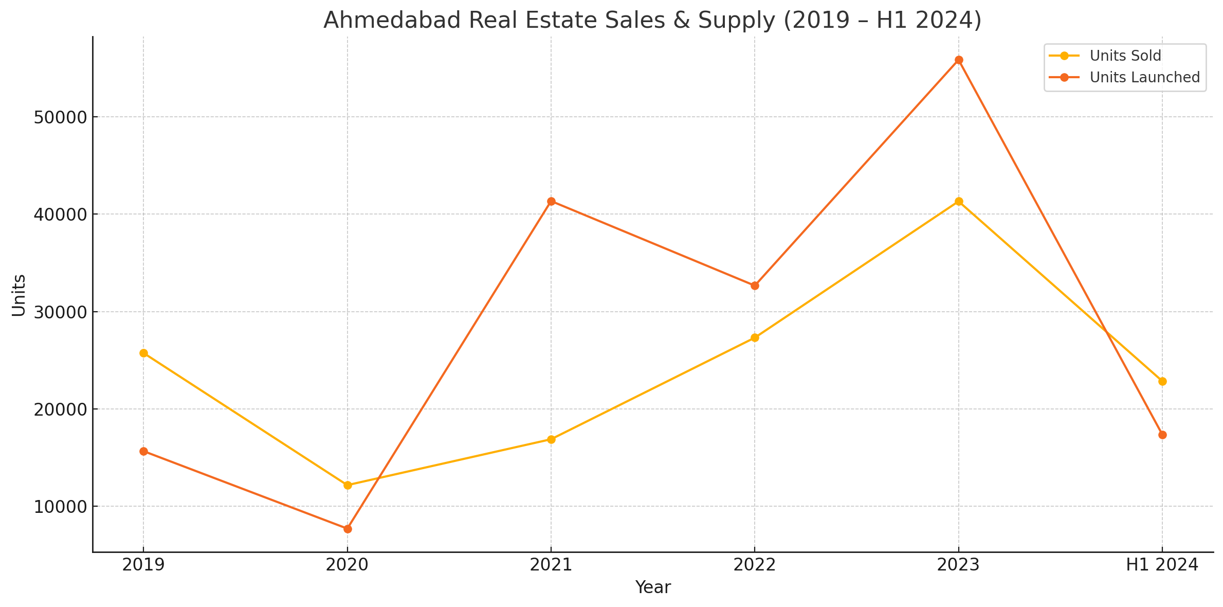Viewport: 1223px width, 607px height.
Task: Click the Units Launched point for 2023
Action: click(959, 60)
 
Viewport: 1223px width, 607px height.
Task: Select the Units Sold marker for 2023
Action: click(959, 202)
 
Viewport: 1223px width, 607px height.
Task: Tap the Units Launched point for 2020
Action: click(348, 529)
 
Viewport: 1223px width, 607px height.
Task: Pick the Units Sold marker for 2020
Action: click(348, 485)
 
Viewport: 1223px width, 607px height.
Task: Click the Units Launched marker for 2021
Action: click(551, 201)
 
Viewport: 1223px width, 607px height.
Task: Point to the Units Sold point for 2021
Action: click(551, 439)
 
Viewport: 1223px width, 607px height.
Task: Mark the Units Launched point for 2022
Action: click(755, 285)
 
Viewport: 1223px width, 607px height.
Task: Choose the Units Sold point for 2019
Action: click(143, 353)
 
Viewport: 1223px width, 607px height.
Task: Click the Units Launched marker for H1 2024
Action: click(1162, 435)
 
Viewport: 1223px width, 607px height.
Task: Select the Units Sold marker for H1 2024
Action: click(1162, 381)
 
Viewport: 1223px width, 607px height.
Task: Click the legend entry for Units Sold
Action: click(1125, 56)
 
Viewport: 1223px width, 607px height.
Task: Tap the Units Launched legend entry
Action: click(1144, 77)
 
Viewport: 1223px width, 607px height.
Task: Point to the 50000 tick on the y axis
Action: click(59, 117)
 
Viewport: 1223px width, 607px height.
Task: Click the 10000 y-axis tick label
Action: click(59, 507)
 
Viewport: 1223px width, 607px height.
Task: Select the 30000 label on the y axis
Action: click(59, 312)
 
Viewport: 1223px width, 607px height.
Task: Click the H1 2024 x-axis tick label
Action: click(1162, 565)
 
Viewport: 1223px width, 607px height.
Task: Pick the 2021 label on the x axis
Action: click(551, 565)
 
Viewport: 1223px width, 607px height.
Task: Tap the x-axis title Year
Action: click(653, 587)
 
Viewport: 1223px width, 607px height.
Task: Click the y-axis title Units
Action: click(19, 295)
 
